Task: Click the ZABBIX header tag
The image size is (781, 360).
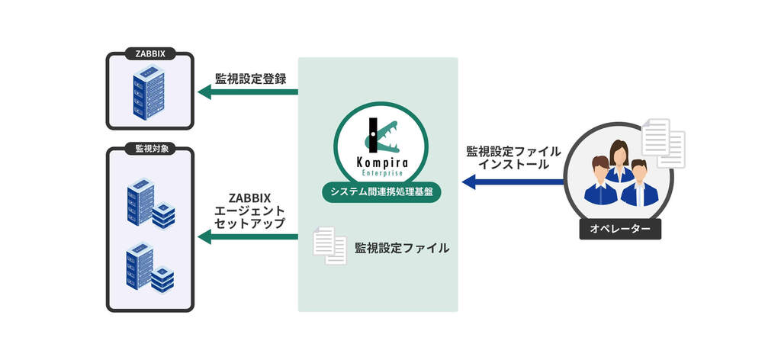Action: [x=150, y=53]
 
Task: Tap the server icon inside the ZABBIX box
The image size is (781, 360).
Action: [x=149, y=94]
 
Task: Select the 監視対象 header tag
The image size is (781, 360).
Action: [x=150, y=149]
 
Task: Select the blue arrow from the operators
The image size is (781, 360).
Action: [x=513, y=182]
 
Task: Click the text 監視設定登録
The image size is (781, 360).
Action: [x=250, y=78]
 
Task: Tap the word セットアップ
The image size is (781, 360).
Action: [x=249, y=223]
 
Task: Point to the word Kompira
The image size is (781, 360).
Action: [x=381, y=162]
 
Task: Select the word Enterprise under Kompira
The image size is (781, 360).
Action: [x=381, y=173]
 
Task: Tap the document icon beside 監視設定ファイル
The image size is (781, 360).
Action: [x=329, y=246]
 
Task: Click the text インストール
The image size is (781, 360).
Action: [x=513, y=164]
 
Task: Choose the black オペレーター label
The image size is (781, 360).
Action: [x=620, y=229]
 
